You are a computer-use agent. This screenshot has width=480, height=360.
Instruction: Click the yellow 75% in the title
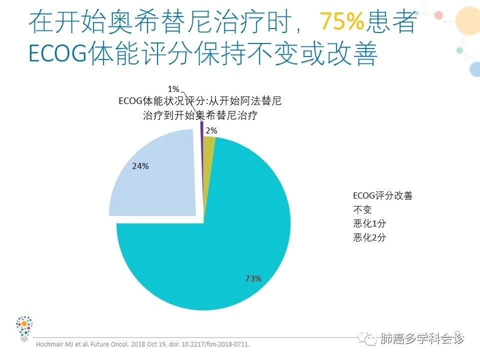pyautogui.click(x=341, y=21)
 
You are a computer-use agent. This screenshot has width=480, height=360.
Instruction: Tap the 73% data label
pyautogui.click(x=253, y=278)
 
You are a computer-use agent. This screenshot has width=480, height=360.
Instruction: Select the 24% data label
pyautogui.click(x=140, y=166)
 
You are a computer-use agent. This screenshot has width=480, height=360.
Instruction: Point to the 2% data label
pyautogui.click(x=211, y=130)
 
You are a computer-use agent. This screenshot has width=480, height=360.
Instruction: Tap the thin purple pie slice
pyautogui.click(x=202, y=129)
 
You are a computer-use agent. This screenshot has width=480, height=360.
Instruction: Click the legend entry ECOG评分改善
pyautogui.click(x=382, y=196)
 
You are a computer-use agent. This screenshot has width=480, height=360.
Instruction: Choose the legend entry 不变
pyautogui.click(x=362, y=209)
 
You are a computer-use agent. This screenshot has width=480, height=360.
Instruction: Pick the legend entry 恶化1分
pyautogui.click(x=369, y=223)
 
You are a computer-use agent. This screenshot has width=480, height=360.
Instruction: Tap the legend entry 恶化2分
pyautogui.click(x=369, y=237)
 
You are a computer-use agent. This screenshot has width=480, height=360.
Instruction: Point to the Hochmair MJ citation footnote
pyautogui.click(x=142, y=344)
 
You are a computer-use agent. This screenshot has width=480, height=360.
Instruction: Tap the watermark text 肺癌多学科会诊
pyautogui.click(x=422, y=339)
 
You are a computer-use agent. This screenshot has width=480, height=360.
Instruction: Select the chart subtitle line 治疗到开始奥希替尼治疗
pyautogui.click(x=200, y=115)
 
